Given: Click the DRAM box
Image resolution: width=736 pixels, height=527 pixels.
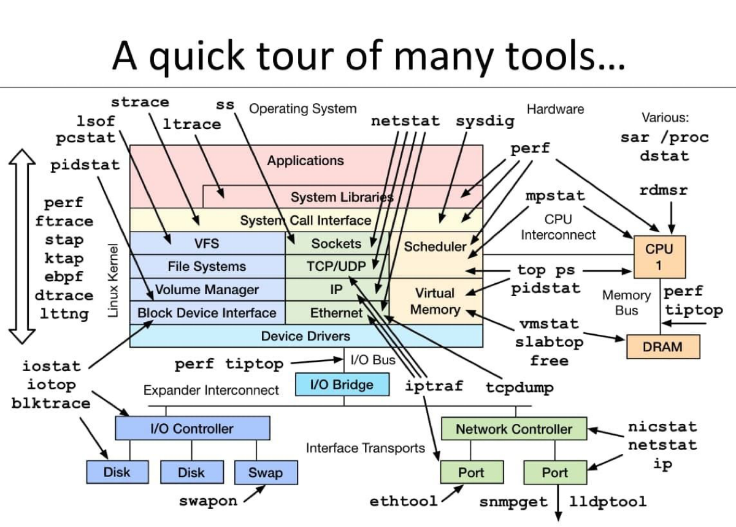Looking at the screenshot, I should [662, 347].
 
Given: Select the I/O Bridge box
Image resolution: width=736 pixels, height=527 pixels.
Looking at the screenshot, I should [342, 385].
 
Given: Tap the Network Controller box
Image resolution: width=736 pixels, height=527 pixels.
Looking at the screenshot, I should [514, 429].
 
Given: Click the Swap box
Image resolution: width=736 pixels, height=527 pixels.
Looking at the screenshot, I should [266, 473].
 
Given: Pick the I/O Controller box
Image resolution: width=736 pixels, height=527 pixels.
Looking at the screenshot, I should [192, 428].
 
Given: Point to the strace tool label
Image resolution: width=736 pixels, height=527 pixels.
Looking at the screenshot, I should [140, 102].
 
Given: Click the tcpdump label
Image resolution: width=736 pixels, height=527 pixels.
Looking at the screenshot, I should [519, 388].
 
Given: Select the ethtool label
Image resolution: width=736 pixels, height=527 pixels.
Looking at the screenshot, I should [404, 501].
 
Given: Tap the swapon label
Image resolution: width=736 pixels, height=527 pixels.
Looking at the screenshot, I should [208, 501].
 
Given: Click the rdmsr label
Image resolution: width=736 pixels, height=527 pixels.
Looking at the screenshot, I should [663, 190].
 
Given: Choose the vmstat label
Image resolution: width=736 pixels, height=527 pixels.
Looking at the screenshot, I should [549, 324].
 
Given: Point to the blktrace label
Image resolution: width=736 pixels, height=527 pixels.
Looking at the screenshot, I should [51, 404].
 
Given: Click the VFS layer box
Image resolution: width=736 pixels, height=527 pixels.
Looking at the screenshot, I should [207, 243].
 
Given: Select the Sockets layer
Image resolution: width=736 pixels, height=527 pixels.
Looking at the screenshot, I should [336, 243].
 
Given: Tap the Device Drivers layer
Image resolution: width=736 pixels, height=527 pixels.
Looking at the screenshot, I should [305, 336].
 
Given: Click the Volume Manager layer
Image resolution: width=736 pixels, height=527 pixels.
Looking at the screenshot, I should [207, 289].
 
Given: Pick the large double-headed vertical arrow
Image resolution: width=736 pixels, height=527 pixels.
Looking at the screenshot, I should [24, 246].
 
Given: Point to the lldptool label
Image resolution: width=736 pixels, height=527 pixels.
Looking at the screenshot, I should [608, 502].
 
